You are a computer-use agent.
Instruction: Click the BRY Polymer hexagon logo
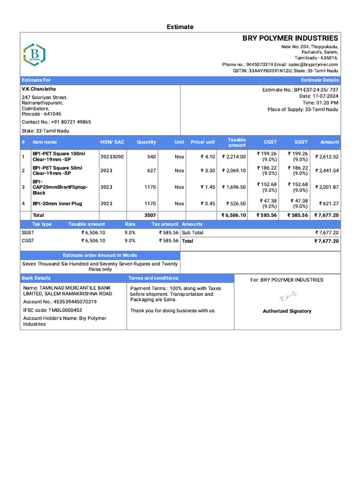[x=34, y=54]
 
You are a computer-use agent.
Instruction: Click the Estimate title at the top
[x=180, y=27]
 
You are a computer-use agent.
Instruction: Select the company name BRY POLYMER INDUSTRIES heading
[x=290, y=38]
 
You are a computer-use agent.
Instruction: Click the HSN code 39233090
[x=112, y=157]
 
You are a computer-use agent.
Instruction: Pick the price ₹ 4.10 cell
[x=208, y=157]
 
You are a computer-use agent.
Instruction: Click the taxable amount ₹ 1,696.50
[x=233, y=187]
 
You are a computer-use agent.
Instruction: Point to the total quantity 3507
[x=150, y=215]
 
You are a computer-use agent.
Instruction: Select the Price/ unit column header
[x=202, y=142]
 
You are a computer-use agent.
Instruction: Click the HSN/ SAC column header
[x=112, y=142]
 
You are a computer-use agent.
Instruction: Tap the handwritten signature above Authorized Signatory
[x=288, y=296]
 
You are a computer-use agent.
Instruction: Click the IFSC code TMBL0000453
[x=52, y=310]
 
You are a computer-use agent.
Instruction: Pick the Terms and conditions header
[x=153, y=278]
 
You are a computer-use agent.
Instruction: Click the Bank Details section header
[x=36, y=278]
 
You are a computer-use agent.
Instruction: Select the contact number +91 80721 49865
[x=56, y=122]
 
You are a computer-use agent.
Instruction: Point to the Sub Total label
[x=193, y=232]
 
